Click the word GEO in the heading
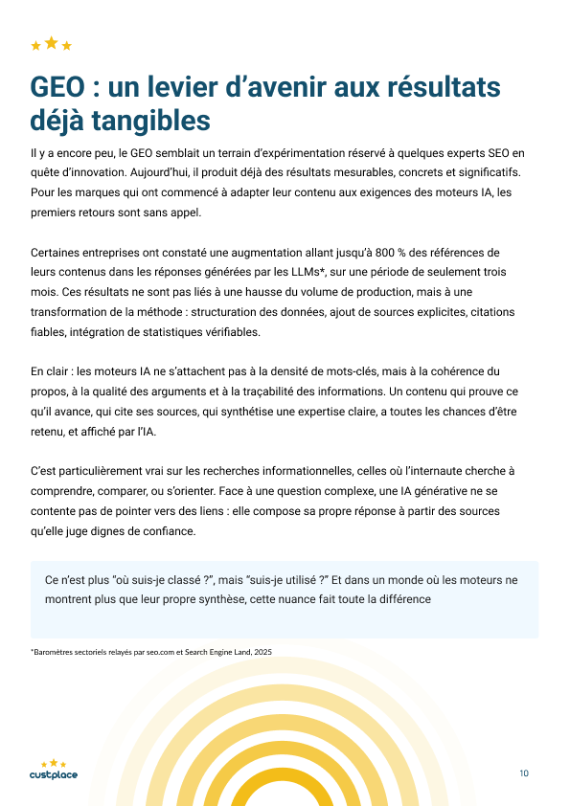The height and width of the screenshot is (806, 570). (57, 87)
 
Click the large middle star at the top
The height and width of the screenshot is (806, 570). (52, 42)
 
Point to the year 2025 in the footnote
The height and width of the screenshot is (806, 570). (262, 652)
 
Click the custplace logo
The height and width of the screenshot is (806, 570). (54, 771)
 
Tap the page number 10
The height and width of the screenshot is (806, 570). (524, 773)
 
